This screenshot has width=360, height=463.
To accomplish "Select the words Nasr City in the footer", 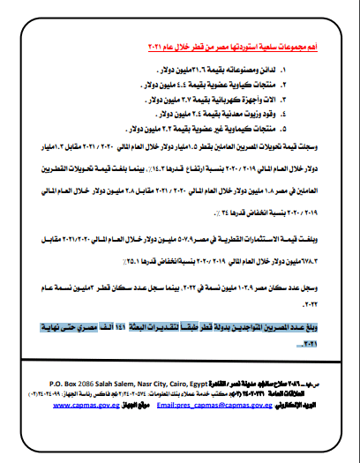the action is pos(165,383).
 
